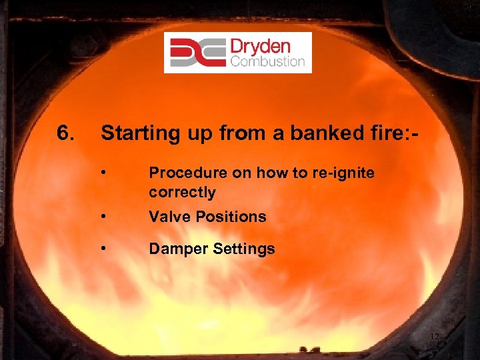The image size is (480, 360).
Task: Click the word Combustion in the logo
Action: pyautogui.click(x=267, y=62)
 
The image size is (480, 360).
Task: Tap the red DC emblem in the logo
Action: pyautogui.click(x=197, y=53)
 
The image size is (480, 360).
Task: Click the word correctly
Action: pyautogui.click(x=182, y=193)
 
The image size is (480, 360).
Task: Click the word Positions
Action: pyautogui.click(x=230, y=217)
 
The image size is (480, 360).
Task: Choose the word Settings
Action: pyautogui.click(x=242, y=250)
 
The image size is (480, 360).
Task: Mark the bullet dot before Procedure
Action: pyautogui.click(x=104, y=173)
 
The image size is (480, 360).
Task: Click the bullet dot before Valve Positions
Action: pyautogui.click(x=104, y=217)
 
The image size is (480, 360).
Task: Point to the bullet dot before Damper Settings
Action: pyautogui.click(x=104, y=249)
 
